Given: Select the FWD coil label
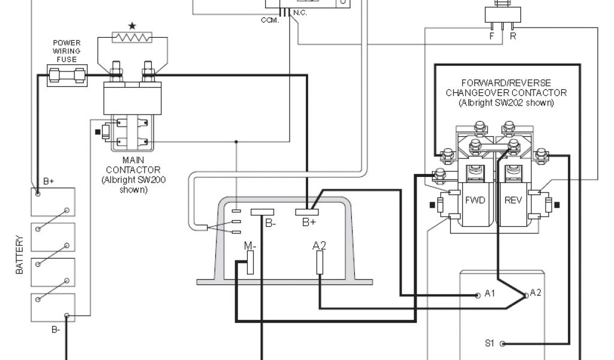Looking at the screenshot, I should tap(475, 200).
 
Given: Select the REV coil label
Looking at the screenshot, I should tap(513, 200).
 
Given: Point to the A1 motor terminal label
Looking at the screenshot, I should tap(490, 294).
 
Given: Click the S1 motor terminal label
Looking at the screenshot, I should tap(489, 344).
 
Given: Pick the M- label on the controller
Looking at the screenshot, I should tap(250, 245).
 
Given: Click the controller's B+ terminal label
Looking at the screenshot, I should tap(309, 224).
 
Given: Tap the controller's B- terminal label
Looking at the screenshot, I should tap(271, 224).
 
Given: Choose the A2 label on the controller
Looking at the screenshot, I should tap(319, 245).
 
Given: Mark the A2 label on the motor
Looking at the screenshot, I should tap(535, 292).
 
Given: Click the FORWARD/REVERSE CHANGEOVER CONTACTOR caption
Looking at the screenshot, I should tap(505, 92).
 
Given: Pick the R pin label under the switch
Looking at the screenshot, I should tap(512, 36).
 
